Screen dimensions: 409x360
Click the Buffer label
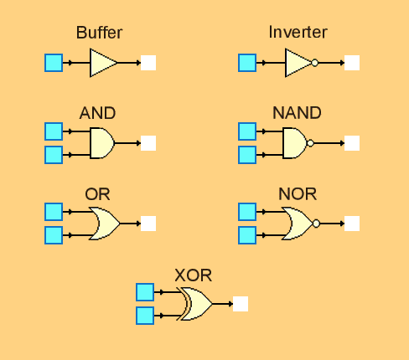[99, 33]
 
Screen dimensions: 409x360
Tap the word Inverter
[298, 32]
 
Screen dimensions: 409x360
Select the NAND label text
[297, 113]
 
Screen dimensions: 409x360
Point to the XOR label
[194, 275]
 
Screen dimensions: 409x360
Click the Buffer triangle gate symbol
[103, 63]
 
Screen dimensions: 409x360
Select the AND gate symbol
[102, 143]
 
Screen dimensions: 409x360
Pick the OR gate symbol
[104, 224]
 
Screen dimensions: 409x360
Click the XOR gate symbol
[194, 304]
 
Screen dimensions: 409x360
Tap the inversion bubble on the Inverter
[315, 63]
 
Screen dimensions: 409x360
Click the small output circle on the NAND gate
[310, 143]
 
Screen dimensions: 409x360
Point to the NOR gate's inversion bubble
[316, 224]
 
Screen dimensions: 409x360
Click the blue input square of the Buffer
[54, 63]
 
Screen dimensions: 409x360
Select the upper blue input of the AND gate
[54, 131]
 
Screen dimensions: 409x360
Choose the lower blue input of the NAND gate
[247, 155]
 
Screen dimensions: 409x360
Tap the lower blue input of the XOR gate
[145, 316]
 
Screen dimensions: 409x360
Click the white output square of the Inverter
[352, 63]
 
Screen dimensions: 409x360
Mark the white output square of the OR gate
[148, 224]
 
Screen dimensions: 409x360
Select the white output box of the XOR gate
[241, 304]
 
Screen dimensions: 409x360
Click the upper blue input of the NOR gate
[247, 212]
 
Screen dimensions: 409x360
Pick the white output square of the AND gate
[148, 143]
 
